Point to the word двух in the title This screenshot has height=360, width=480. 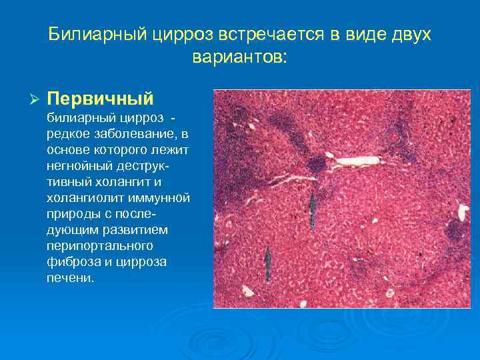point(407,35)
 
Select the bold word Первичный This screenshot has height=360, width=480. point(101,99)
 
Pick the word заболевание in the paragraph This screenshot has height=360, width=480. point(133,134)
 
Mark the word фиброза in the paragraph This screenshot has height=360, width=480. point(69,262)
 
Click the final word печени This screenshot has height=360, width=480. point(70,278)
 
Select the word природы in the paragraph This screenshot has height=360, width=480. point(73,214)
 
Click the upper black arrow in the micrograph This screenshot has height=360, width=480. point(311,207)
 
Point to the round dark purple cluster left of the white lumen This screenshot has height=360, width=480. point(315,164)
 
